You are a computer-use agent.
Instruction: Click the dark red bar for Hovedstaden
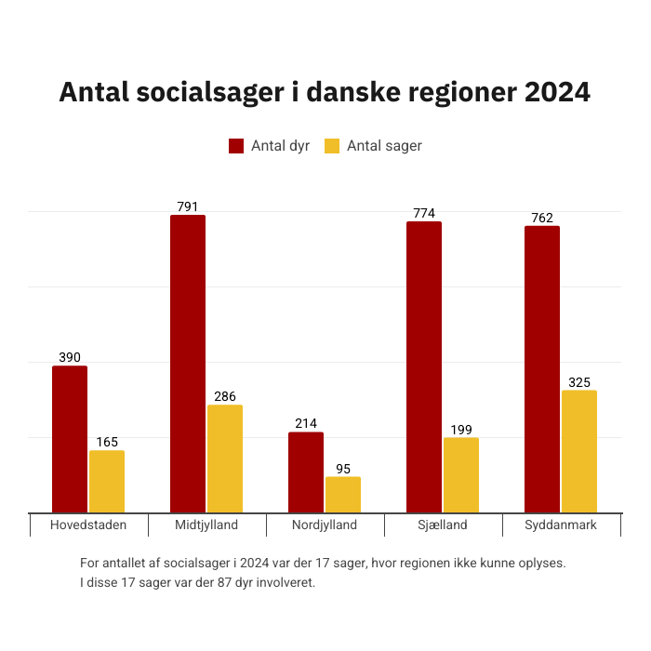click(70, 439)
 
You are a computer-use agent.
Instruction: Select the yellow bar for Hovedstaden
click(107, 481)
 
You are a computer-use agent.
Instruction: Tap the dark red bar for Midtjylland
click(188, 364)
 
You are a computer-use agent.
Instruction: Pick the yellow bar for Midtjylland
click(225, 458)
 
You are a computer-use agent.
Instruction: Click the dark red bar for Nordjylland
click(306, 472)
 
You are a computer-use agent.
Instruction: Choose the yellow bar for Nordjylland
click(343, 494)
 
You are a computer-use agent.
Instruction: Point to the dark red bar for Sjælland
click(424, 367)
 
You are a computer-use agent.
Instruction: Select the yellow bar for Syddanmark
click(579, 451)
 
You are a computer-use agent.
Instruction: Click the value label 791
click(188, 206)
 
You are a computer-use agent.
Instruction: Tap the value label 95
click(343, 469)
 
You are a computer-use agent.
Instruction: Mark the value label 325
click(579, 382)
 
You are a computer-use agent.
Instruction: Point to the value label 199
click(461, 429)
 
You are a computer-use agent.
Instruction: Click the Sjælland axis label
click(443, 525)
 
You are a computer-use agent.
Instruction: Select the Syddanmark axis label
click(561, 525)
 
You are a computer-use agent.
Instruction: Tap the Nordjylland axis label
click(325, 525)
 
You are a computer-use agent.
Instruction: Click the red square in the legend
click(236, 146)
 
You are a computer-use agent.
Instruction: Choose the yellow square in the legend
click(332, 146)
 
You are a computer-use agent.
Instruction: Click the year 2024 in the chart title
click(556, 93)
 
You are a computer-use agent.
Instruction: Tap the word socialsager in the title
click(212, 93)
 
